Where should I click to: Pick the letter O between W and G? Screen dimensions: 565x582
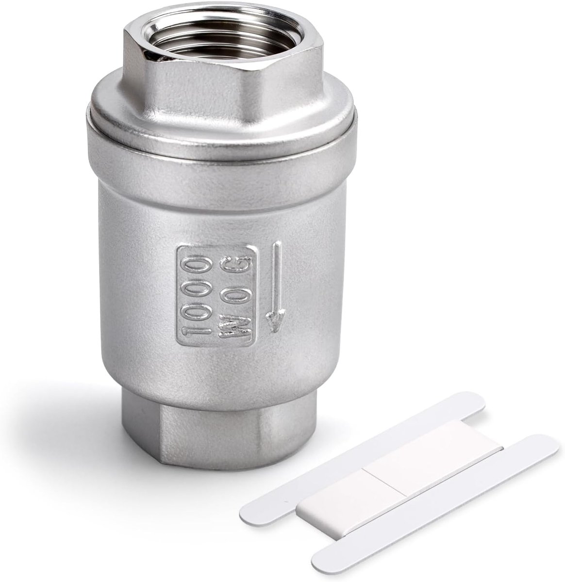tap(234, 296)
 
